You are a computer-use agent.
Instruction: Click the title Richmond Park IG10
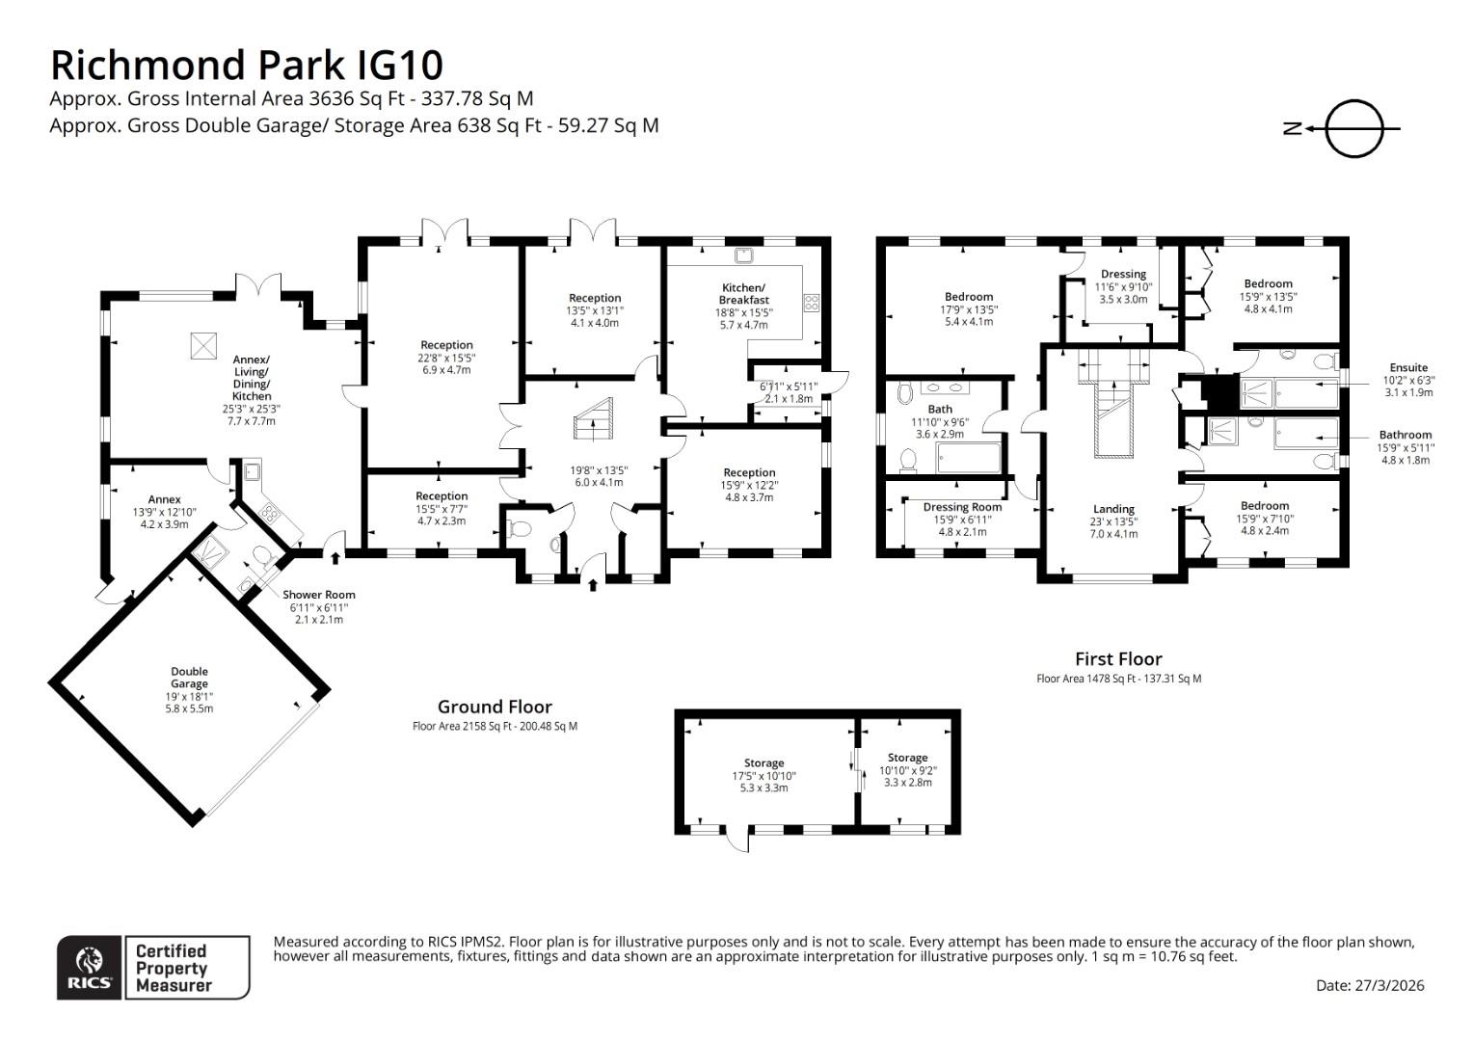click(x=246, y=65)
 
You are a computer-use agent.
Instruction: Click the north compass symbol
click(x=1353, y=128)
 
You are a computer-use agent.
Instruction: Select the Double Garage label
click(x=190, y=678)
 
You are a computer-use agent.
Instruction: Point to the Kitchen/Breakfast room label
click(x=743, y=294)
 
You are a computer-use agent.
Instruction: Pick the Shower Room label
click(x=318, y=595)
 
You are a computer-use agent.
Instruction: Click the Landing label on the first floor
click(x=1113, y=509)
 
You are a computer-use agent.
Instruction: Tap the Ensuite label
click(x=1408, y=367)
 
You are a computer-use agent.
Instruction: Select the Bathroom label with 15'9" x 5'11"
click(x=1405, y=435)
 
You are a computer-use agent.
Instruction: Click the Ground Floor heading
click(x=495, y=707)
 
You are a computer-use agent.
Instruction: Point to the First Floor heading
click(x=1118, y=659)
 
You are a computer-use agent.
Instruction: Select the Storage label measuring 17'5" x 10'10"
click(x=763, y=763)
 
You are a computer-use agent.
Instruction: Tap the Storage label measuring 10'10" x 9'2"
click(x=907, y=758)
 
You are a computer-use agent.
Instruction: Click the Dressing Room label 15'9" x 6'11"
click(x=962, y=507)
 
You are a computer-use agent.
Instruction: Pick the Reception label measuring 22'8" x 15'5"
click(x=446, y=345)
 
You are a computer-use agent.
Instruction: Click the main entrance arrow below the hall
click(x=592, y=583)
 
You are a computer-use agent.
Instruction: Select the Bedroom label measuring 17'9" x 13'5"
click(x=968, y=297)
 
